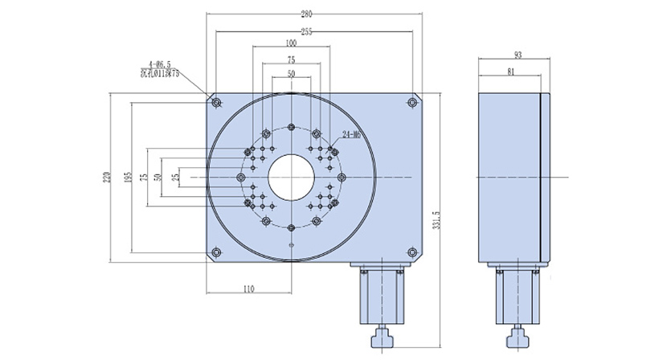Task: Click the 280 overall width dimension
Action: [310, 14]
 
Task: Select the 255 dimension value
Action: [310, 31]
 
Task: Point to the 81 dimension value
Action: [512, 73]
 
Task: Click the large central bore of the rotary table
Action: [291, 177]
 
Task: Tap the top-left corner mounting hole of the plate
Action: [216, 102]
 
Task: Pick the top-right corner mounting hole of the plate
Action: [412, 102]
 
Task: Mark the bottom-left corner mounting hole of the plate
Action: [216, 253]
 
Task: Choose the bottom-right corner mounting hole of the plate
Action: [412, 253]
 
